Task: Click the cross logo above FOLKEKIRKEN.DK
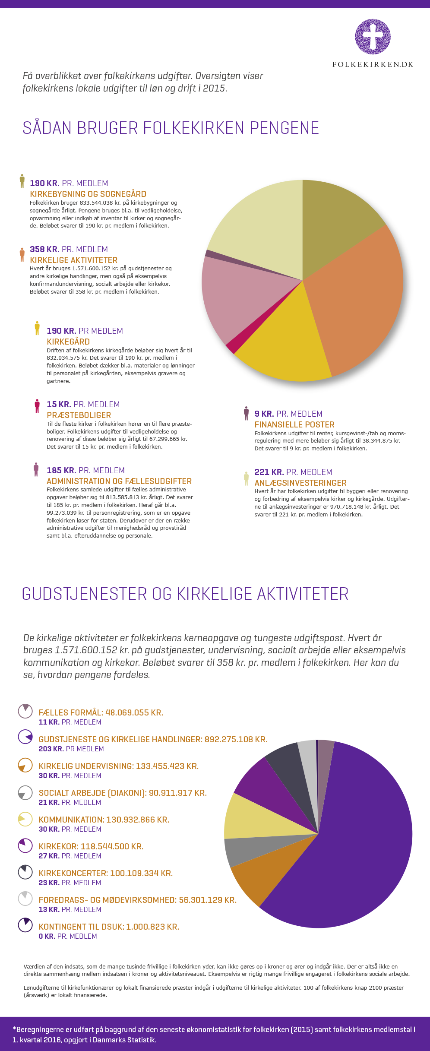click(x=373, y=37)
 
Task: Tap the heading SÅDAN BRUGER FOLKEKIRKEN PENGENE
click(x=171, y=128)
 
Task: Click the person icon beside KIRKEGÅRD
click(x=37, y=328)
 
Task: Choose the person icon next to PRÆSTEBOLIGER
click(x=37, y=406)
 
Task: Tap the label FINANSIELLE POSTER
click(x=294, y=425)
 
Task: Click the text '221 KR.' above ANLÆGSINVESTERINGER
click(x=269, y=472)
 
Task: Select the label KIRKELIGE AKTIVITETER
click(x=73, y=260)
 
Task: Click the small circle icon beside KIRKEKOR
click(x=25, y=846)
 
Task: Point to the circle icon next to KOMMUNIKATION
click(x=25, y=819)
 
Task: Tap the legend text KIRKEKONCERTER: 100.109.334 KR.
click(x=106, y=873)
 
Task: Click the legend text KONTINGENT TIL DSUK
click(x=109, y=927)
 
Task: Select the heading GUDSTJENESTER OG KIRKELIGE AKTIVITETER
click(x=185, y=594)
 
